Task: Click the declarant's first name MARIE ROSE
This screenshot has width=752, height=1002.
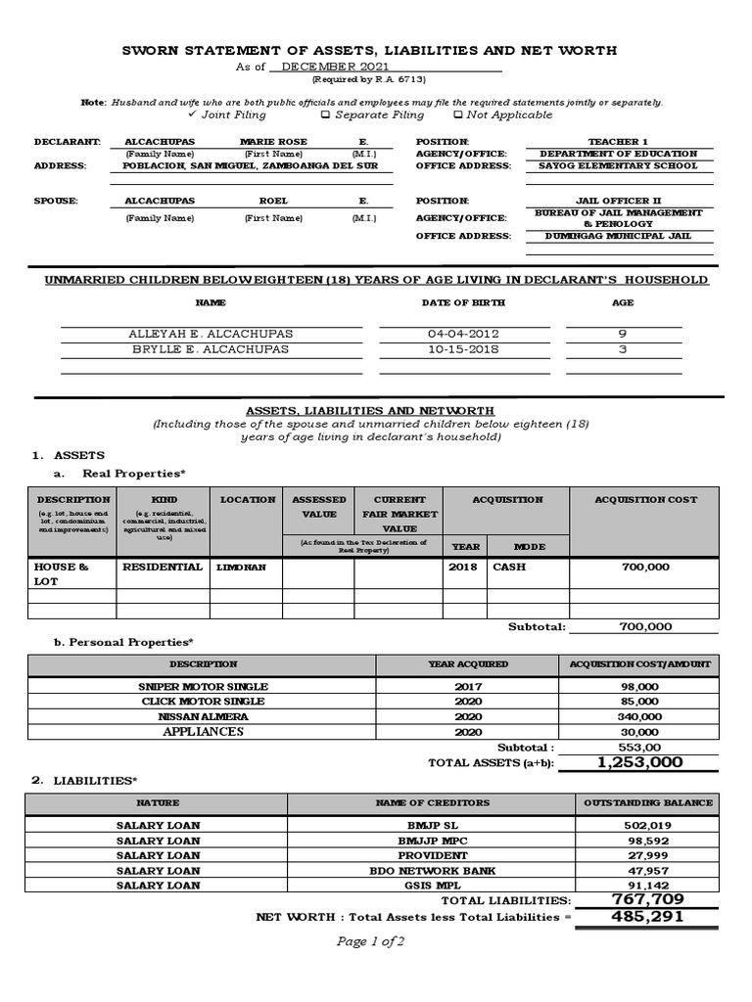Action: pyautogui.click(x=273, y=142)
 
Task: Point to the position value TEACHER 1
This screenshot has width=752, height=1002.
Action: pyautogui.click(x=617, y=142)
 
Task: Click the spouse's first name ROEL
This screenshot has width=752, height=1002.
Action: pyautogui.click(x=273, y=201)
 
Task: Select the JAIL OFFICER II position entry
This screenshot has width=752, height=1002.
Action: pyautogui.click(x=617, y=201)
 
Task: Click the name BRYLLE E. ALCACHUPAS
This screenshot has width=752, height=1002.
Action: pyautogui.click(x=211, y=349)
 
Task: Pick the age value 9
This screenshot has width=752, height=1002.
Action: pyautogui.click(x=623, y=335)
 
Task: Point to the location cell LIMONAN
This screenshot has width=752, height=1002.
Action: pyautogui.click(x=240, y=568)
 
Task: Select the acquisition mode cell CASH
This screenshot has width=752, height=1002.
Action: pyautogui.click(x=508, y=568)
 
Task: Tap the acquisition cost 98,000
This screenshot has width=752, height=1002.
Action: pyautogui.click(x=639, y=687)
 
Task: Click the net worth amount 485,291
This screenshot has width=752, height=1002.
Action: pyautogui.click(x=646, y=918)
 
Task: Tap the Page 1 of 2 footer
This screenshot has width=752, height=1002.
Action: pyautogui.click(x=370, y=942)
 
